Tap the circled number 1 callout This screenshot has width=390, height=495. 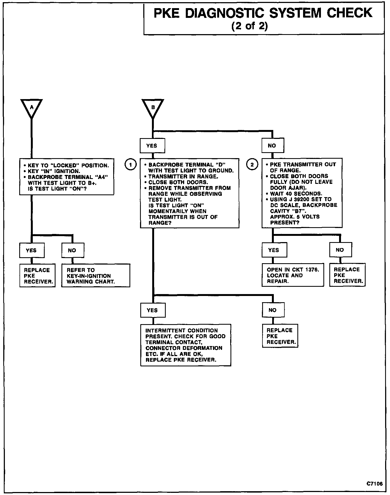pos(131,164)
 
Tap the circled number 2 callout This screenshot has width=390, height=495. pos(252,164)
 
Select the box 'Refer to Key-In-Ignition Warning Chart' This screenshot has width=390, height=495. pos(96,276)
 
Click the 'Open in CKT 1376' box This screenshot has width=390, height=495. pos(292,275)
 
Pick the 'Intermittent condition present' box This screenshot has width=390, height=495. pos(186,345)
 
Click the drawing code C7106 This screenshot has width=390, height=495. pos(375,483)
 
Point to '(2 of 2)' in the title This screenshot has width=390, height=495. pos(249,26)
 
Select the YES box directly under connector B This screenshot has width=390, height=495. pos(152,146)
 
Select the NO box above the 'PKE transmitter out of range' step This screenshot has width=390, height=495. pos(272,146)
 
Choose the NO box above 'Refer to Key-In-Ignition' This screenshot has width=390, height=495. pos(72,250)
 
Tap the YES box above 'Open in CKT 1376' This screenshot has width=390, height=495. pos(274,250)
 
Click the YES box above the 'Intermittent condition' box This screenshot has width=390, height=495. pos(152,310)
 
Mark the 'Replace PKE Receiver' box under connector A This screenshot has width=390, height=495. pos(37,276)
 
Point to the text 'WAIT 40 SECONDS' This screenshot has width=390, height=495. pos(296,194)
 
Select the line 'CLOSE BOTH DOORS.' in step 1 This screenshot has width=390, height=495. pos(178,182)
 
